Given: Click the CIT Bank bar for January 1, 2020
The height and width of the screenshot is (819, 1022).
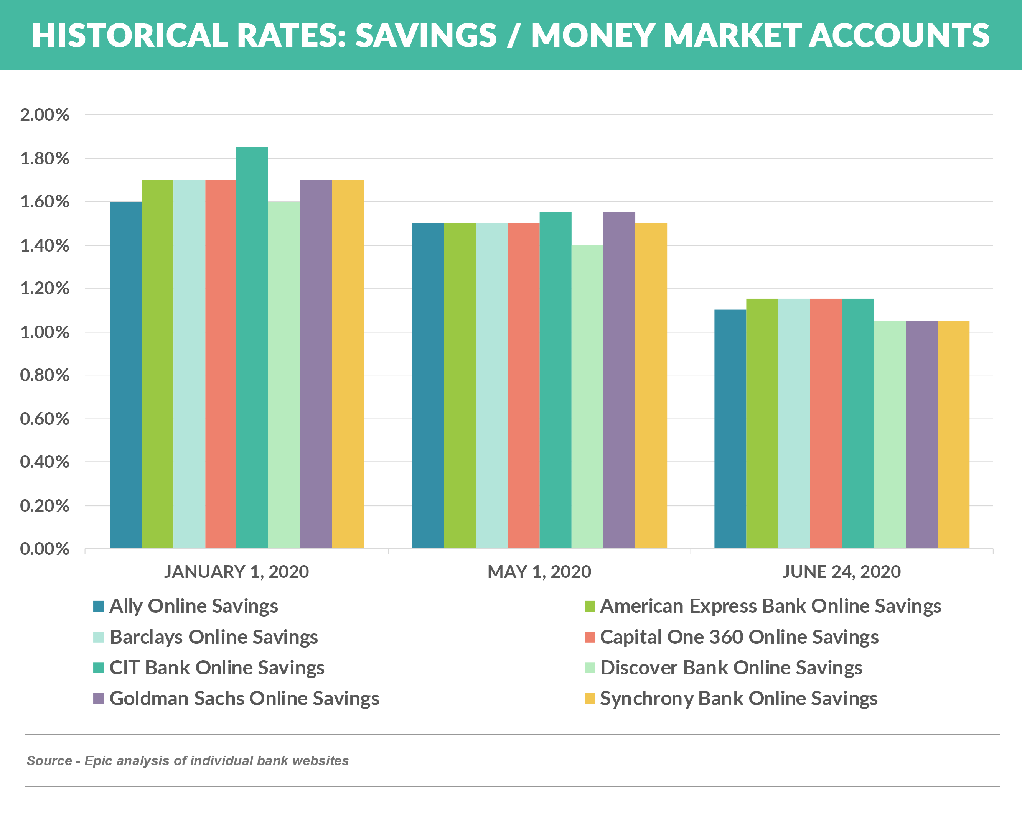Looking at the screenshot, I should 252,348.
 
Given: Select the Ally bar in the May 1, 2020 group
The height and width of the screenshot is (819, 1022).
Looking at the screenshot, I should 428,386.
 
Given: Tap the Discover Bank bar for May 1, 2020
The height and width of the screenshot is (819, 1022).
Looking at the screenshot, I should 587,397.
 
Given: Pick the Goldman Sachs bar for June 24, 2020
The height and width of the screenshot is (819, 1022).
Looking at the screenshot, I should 921,435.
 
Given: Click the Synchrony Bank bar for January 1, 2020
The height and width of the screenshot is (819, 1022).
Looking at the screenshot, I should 348,365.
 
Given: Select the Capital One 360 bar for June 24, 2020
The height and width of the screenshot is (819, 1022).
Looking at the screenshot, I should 826,424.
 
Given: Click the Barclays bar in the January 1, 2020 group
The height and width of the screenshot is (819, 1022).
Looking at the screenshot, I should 189,365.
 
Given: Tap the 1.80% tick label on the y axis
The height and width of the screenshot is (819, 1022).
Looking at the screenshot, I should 45,159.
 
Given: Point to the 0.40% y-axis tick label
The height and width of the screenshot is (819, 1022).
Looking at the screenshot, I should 45,462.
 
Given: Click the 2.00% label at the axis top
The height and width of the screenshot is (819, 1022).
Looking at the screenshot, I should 45,115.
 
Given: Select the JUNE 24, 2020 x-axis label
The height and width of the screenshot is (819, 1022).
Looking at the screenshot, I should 841,572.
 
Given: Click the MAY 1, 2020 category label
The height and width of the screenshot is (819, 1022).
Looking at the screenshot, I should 539,572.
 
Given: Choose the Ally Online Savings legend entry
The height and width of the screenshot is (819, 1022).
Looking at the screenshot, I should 193,606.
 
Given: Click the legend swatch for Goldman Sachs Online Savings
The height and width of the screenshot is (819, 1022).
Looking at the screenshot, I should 99,699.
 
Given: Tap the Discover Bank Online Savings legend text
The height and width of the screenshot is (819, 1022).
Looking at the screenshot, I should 731,668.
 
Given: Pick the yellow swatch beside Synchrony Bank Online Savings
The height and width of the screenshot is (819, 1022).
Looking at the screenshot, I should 589,699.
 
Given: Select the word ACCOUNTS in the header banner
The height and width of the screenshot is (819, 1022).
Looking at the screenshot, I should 899,36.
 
